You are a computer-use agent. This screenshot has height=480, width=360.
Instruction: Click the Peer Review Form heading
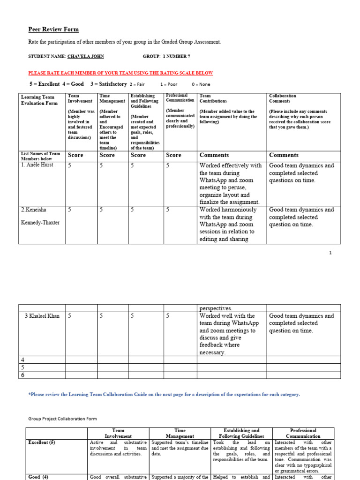pos(53,30)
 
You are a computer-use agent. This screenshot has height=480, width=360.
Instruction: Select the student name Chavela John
pos(86,56)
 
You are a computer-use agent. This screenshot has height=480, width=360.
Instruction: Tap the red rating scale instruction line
pos(120,73)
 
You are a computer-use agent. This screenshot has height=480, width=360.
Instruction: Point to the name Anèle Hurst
pos(37,165)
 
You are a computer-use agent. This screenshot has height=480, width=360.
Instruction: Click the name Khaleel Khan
pos(42,316)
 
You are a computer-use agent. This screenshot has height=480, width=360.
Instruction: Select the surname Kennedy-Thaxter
pos(40,223)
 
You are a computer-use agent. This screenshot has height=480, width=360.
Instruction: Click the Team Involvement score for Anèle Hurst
pos(70,165)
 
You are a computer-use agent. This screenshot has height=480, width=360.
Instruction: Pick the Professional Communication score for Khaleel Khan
pos(168,316)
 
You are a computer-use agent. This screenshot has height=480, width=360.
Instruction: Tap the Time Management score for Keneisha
pos(101,210)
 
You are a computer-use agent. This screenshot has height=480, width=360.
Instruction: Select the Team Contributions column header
pos(213,98)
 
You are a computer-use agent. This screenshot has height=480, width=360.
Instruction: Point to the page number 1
pos(330,253)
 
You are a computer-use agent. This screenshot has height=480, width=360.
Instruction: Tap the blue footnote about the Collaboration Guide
pos(164,395)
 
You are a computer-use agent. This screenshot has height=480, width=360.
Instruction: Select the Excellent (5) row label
pos(42,443)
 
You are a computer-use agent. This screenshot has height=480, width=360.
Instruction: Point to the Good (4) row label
pos(38,477)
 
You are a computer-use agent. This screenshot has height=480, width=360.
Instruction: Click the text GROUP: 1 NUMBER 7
pos(166,56)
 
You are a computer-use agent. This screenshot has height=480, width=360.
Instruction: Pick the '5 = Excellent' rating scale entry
pos(45,84)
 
